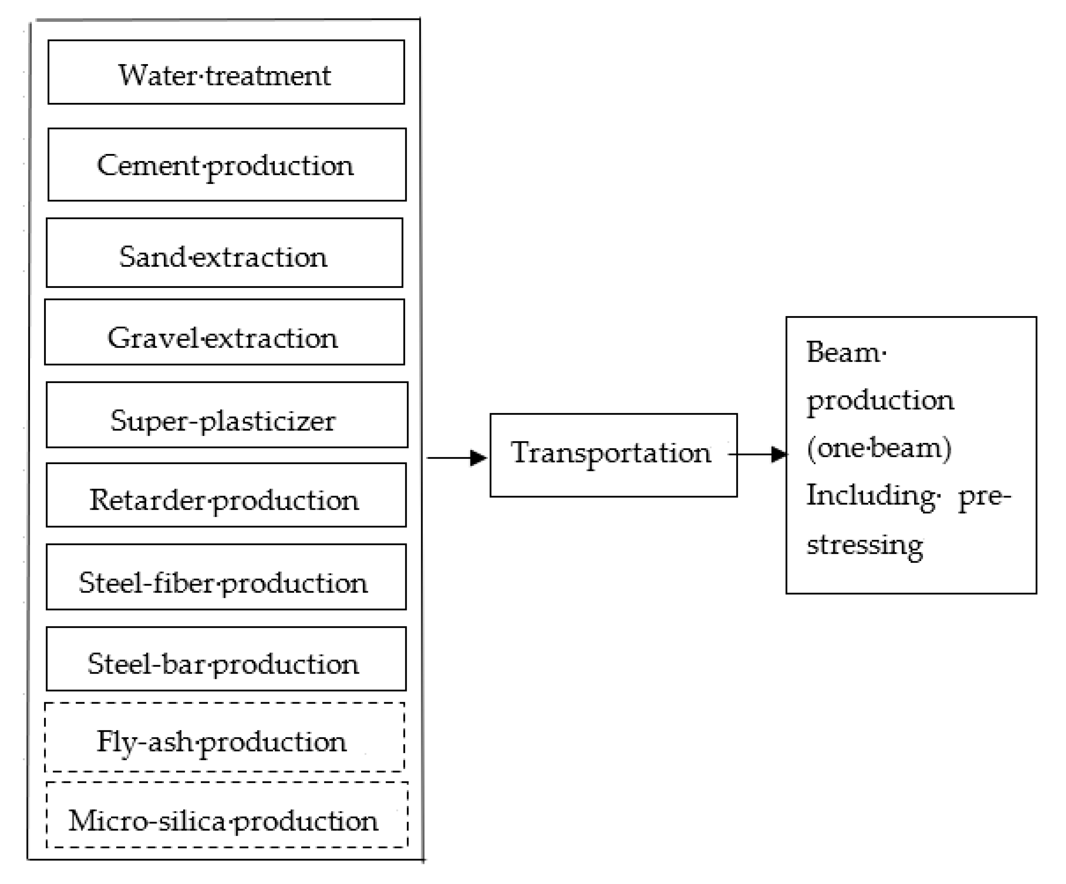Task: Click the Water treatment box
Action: (226, 72)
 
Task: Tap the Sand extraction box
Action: (224, 252)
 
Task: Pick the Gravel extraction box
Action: (224, 332)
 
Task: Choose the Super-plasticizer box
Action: (227, 414)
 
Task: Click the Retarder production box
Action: (226, 495)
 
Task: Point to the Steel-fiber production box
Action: (226, 577)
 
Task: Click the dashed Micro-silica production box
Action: (227, 815)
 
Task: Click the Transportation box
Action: (613, 455)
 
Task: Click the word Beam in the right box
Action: (843, 352)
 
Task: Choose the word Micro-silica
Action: (148, 821)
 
